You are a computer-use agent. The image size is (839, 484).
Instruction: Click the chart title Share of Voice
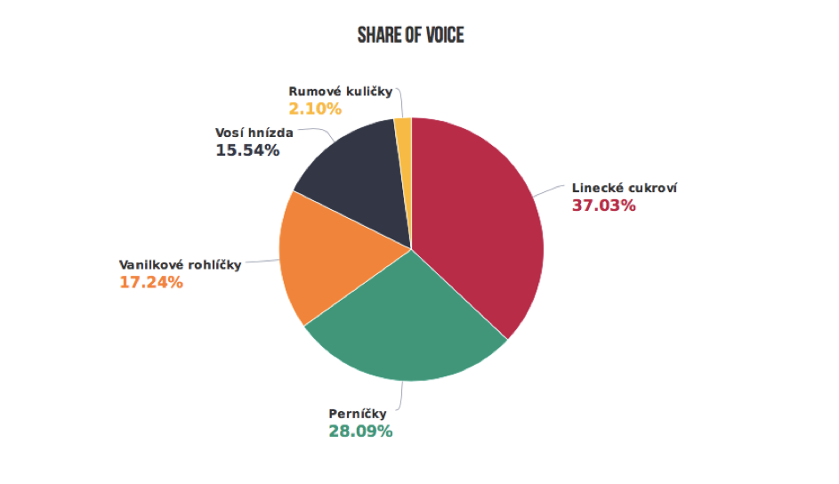410,36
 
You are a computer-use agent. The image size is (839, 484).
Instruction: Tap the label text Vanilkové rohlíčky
180,265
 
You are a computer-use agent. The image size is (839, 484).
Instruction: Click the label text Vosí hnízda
254,133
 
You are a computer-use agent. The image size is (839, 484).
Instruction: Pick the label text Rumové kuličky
341,92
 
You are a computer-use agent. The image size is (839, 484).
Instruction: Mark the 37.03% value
603,206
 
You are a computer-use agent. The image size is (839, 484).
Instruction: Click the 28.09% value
360,432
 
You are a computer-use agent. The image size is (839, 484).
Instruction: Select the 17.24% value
151,283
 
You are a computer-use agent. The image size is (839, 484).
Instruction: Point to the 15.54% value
247,151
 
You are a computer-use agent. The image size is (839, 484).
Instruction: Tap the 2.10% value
315,109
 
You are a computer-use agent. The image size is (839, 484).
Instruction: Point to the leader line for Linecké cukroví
552,190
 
